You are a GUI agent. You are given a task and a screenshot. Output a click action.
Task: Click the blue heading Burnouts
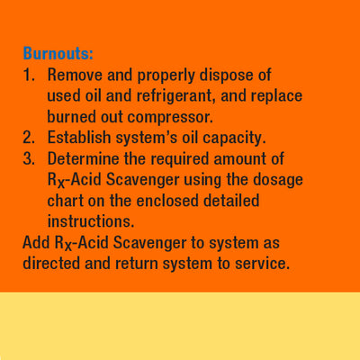[x=58, y=54]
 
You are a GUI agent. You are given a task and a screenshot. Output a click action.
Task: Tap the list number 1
[x=29, y=75]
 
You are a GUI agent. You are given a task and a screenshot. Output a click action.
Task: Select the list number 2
[x=29, y=138]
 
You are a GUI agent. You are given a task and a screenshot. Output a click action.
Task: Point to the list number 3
[x=29, y=158]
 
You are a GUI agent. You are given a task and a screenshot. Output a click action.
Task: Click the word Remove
[x=75, y=75]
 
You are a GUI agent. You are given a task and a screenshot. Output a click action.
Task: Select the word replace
[x=276, y=96]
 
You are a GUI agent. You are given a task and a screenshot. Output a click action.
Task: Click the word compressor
[x=170, y=117]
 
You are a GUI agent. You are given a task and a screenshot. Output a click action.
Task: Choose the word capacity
[x=234, y=139]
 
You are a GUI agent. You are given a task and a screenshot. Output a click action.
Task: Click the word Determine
[x=83, y=158]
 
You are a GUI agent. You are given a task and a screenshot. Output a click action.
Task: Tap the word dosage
[x=278, y=180]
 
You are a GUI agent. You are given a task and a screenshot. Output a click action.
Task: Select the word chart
[x=66, y=201]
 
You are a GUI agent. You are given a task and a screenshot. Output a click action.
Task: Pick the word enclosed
[x=167, y=201]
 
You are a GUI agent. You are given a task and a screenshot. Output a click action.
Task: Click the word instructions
[x=91, y=221]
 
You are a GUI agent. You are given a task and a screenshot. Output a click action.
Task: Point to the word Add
[x=36, y=243]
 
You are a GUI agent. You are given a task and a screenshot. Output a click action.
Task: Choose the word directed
[x=51, y=264]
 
